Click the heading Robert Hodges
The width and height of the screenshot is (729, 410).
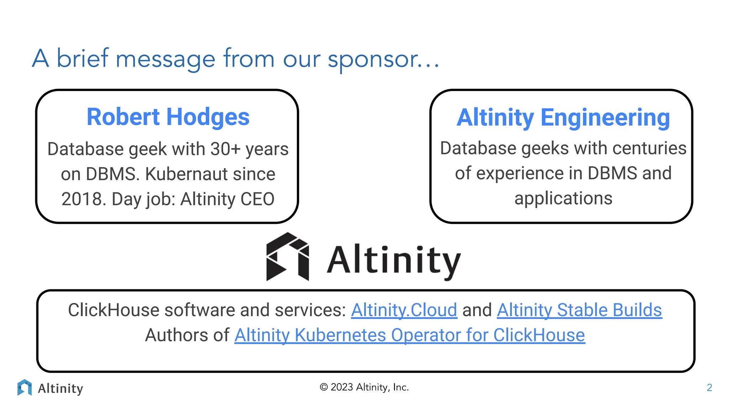coord(168,117)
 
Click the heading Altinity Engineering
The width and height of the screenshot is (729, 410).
coord(563,117)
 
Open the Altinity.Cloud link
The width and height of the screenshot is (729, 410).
coord(404,310)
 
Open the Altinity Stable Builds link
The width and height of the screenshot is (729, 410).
coord(579,310)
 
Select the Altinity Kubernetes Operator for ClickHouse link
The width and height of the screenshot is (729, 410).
coord(409,335)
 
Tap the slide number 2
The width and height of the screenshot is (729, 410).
coord(709,388)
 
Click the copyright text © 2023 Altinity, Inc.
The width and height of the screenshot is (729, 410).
coord(364,387)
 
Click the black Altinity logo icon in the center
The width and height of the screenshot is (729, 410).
coord(288,257)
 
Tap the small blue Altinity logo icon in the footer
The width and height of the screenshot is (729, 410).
coord(25,388)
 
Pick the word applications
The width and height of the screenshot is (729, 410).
coord(563,199)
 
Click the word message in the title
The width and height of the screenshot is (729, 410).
coord(166,59)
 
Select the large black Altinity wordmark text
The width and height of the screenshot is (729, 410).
coord(393,261)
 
